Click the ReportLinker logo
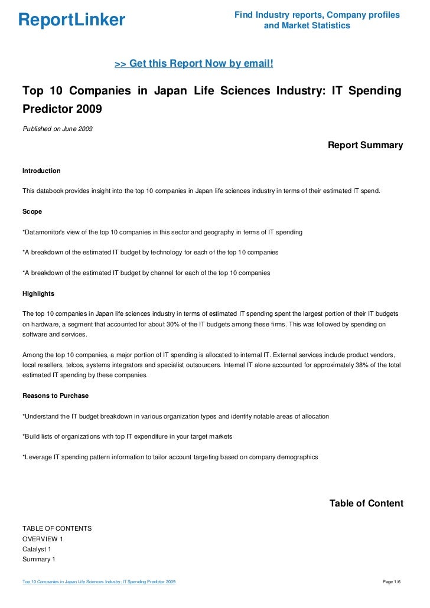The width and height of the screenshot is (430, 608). click(x=71, y=20)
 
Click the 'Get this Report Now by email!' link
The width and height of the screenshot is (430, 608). click(x=194, y=63)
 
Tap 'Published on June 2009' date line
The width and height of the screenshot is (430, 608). click(x=57, y=129)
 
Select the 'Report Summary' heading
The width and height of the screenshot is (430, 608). click(x=365, y=145)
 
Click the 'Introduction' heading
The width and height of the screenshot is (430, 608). click(x=41, y=171)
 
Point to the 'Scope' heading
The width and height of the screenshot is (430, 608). click(x=32, y=211)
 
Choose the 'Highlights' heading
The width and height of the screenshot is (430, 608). click(x=38, y=293)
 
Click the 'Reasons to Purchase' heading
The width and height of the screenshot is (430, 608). click(x=55, y=395)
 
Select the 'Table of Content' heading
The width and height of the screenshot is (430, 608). click(x=366, y=504)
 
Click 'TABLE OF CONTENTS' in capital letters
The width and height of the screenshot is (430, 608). click(x=57, y=528)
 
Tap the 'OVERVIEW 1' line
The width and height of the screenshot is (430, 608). click(x=43, y=539)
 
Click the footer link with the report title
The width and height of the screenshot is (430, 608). click(x=99, y=583)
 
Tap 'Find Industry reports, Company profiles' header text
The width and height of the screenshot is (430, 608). click(x=317, y=15)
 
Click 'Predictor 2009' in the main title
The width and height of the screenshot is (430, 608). click(x=62, y=109)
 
